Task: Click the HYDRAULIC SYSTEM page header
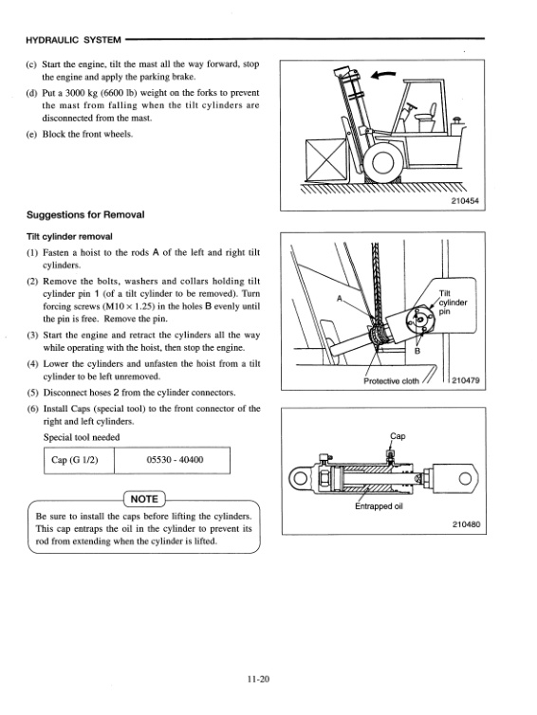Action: pos(73,40)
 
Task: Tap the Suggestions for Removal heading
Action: pos(85,214)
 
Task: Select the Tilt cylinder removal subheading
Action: pos(69,236)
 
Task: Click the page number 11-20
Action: pos(258,679)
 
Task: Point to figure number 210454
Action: pos(465,201)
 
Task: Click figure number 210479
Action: pos(466,380)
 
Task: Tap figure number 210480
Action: pos(466,524)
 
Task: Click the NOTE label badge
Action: pos(144,499)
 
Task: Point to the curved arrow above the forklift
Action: pos(382,74)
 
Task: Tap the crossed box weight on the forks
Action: pos(325,160)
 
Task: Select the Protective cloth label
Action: pos(391,381)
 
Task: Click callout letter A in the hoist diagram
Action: pos(339,299)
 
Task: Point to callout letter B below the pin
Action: pos(417,351)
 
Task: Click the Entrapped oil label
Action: pos(379,506)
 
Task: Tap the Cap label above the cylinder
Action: pos(398,436)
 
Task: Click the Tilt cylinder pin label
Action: pos(453,302)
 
